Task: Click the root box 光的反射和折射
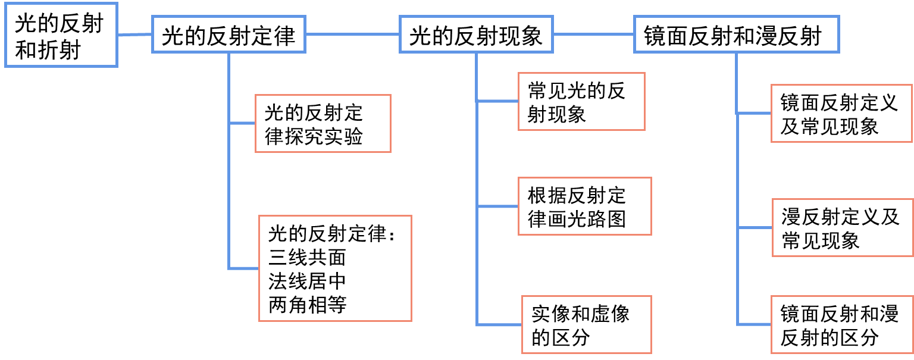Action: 60,36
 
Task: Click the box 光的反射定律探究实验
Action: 323,124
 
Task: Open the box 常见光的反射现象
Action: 581,102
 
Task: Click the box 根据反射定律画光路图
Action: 584,206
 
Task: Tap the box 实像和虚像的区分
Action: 586,324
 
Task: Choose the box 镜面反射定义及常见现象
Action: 841,114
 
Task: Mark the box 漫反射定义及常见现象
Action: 842,228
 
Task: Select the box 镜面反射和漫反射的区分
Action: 841,324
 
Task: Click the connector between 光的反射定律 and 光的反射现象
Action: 352,35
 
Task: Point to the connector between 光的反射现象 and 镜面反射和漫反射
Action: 594,35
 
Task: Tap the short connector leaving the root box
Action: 134,35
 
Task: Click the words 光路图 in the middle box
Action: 596,219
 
